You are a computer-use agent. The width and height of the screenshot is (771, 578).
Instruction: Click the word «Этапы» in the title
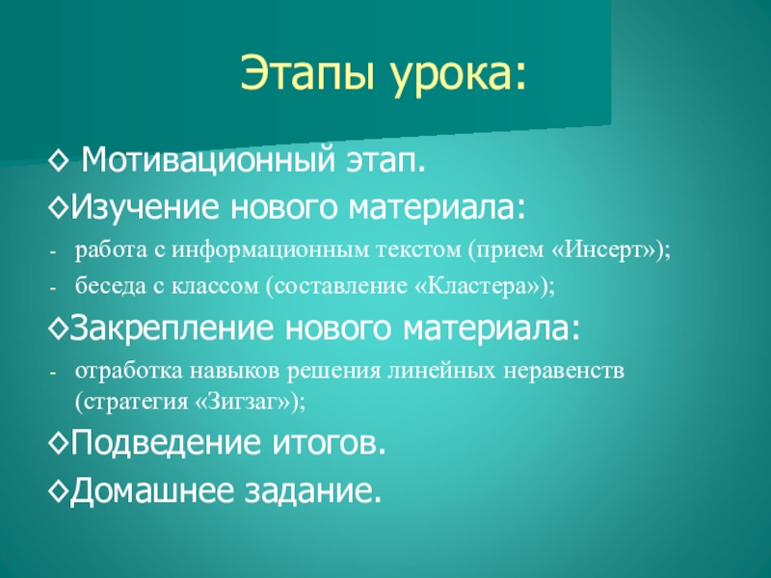coord(308,73)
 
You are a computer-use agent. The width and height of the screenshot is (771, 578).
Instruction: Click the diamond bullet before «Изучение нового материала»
coord(58,206)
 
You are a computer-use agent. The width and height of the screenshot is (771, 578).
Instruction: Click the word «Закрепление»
coord(172,328)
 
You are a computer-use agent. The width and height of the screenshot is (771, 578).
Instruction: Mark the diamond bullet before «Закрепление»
coord(58,328)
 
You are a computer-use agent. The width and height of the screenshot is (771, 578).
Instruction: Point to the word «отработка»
coord(129,371)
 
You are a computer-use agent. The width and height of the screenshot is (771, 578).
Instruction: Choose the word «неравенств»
coord(564,371)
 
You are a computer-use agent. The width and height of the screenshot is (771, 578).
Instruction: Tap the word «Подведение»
coord(165,443)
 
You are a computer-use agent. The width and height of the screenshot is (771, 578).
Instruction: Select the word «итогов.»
coord(329,443)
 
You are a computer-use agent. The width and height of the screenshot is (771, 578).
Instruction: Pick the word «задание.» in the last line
coord(313,490)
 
